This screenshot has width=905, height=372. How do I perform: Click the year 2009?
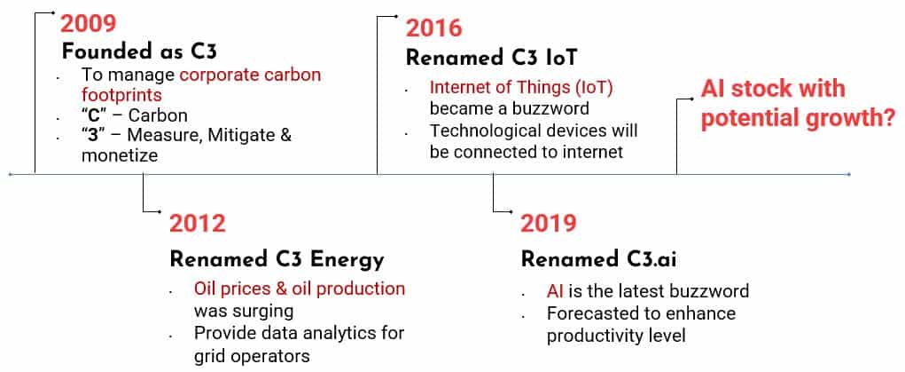pyautogui.click(x=89, y=24)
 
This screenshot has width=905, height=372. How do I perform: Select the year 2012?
pyautogui.click(x=198, y=223)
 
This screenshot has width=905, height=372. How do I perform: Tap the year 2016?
pyautogui.click(x=434, y=28)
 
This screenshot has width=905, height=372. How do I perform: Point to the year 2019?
pyautogui.click(x=549, y=223)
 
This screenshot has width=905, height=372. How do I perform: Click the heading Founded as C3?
pyautogui.click(x=139, y=52)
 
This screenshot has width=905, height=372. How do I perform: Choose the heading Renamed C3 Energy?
pyautogui.click(x=277, y=260)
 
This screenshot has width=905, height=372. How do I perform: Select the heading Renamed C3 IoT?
pyautogui.click(x=492, y=59)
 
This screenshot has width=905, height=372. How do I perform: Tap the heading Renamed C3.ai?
pyautogui.click(x=598, y=260)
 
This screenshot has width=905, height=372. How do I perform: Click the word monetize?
pyautogui.click(x=120, y=155)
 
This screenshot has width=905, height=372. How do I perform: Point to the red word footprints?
pyautogui.click(x=121, y=94)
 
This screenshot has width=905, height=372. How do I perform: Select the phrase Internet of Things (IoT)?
pyautogui.click(x=521, y=88)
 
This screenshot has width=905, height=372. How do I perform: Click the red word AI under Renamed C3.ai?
pyautogui.click(x=555, y=290)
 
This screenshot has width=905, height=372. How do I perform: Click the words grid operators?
pyautogui.click(x=252, y=355)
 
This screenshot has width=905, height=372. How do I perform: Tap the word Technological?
pyautogui.click(x=487, y=131)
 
